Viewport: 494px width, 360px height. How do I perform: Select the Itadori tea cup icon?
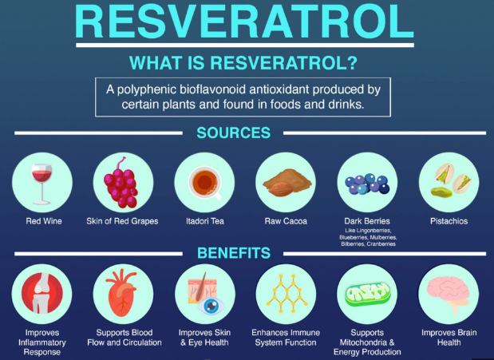point(205,183)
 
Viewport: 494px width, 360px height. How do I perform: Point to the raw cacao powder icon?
point(287,183)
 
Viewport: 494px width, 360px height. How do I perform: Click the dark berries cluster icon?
point(367,184)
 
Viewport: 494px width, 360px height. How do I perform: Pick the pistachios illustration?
point(450,180)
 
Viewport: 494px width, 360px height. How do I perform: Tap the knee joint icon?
point(42,294)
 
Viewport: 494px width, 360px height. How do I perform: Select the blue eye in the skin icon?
point(211,305)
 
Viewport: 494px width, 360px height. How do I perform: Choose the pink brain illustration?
point(449,294)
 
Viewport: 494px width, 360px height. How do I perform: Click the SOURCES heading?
point(234,133)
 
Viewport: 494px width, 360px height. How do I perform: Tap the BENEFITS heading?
point(234,253)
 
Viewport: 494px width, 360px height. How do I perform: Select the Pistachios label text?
point(449,221)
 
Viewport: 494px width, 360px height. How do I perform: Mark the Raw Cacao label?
point(286,221)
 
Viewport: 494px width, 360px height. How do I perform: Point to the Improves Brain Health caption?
point(449,338)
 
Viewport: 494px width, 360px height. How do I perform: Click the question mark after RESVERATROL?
point(353,62)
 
